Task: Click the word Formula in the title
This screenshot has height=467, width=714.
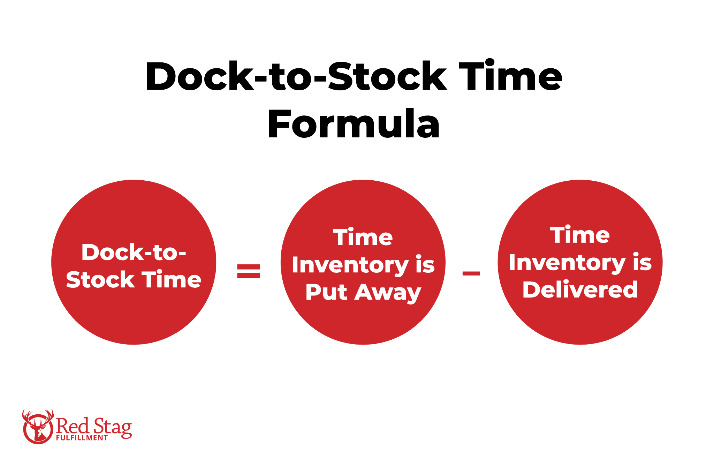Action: point(354,124)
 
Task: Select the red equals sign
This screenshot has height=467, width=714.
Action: point(249,271)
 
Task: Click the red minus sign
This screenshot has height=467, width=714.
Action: point(471,273)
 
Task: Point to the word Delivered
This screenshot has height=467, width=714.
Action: point(580,289)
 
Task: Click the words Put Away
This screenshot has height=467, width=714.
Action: point(363,292)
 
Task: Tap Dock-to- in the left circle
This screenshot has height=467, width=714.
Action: point(134,252)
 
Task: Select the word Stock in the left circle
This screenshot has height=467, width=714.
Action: point(100,280)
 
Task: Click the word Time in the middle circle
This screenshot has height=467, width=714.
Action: point(363,238)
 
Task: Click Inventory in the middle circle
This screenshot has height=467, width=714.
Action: point(350,265)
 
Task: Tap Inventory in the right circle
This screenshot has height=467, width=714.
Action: point(567,263)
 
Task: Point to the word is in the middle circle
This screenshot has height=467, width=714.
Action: point(425,265)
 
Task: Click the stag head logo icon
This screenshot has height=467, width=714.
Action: point(38,427)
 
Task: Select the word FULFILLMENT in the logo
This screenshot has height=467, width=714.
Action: point(82,438)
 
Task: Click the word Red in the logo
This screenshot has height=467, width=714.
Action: point(73,425)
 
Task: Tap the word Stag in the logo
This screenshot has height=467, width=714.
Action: point(113,427)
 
